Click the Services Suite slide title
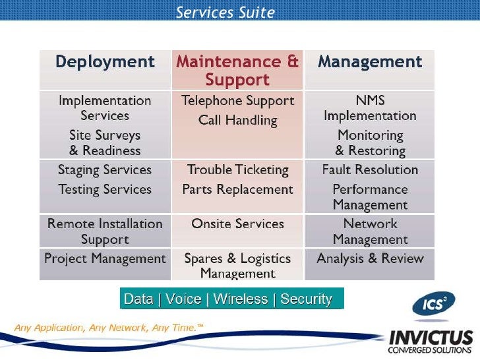click(225, 13)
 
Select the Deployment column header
click(105, 63)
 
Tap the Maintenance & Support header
click(237, 71)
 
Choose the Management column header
click(370, 63)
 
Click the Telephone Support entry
click(237, 101)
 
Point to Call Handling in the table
click(237, 121)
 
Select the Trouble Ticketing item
click(237, 170)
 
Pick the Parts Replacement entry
click(237, 190)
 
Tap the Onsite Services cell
click(237, 224)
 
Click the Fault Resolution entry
click(370, 170)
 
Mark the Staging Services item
click(105, 170)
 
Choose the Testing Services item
click(105, 190)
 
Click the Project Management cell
click(105, 258)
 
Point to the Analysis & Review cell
click(370, 258)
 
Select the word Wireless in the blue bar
click(241, 299)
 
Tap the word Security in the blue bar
click(306, 299)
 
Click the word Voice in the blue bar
click(183, 299)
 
